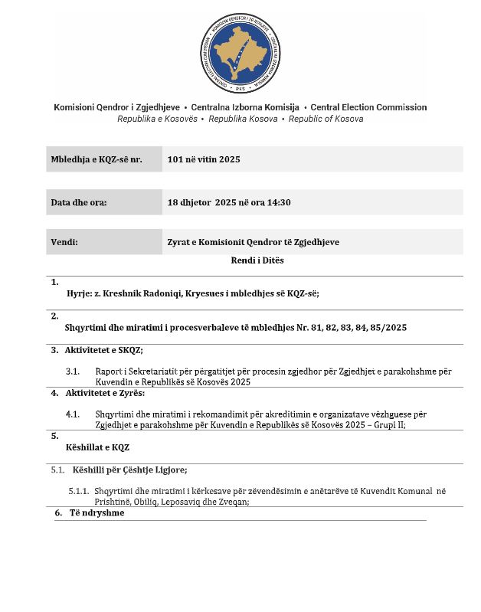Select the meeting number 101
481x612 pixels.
(176, 159)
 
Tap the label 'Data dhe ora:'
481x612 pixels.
(79, 203)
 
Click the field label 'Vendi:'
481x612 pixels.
(65, 242)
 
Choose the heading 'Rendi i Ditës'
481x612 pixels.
(257, 260)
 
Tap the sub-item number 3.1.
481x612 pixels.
(73, 371)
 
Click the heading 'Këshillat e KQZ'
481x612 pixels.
(95, 446)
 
